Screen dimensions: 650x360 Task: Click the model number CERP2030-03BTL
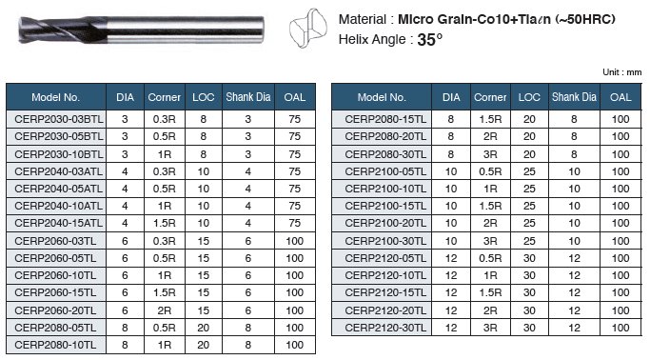58,119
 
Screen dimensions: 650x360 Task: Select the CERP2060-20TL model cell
55,310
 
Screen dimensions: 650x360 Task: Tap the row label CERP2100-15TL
385,206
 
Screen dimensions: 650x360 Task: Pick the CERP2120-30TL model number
385,328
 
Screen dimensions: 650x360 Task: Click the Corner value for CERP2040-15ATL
164,223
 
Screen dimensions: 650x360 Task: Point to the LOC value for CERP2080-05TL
203,328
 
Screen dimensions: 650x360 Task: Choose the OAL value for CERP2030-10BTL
294,154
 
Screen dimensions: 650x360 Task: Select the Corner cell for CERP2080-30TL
490,154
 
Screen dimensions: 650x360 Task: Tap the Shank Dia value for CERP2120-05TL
574,258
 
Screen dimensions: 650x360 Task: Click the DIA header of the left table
125,97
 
